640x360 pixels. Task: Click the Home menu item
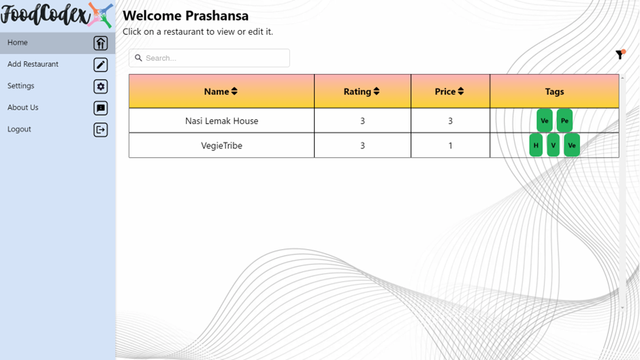(x=18, y=42)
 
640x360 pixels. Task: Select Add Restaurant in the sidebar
(x=33, y=64)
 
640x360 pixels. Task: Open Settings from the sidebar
(x=20, y=86)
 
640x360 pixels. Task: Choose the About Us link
(x=22, y=108)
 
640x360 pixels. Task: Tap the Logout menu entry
(x=19, y=129)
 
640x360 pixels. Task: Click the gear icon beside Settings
(x=101, y=86)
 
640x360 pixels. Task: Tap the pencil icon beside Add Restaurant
(x=101, y=65)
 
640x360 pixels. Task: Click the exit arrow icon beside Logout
(x=101, y=129)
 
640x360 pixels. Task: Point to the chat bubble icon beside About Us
(x=101, y=108)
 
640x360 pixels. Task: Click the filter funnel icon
(x=620, y=54)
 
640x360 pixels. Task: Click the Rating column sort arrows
(x=377, y=91)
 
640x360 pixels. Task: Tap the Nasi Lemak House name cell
(x=221, y=121)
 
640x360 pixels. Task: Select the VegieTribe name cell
(x=221, y=146)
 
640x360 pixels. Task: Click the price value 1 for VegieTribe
(x=450, y=146)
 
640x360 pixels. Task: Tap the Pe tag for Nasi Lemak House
(x=564, y=120)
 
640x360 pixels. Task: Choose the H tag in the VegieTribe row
(x=536, y=145)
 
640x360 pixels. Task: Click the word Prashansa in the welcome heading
(x=217, y=16)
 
